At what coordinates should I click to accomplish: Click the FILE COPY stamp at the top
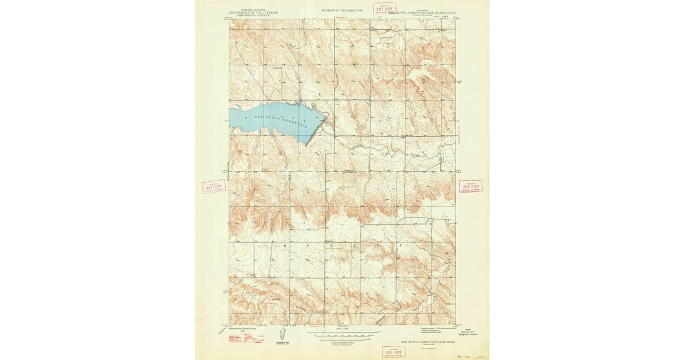[384, 8]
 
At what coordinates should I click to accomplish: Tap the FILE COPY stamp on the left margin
[213, 187]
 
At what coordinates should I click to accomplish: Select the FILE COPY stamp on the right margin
[470, 186]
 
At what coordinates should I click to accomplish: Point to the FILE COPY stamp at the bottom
[393, 352]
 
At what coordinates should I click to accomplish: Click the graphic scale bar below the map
[343, 333]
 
